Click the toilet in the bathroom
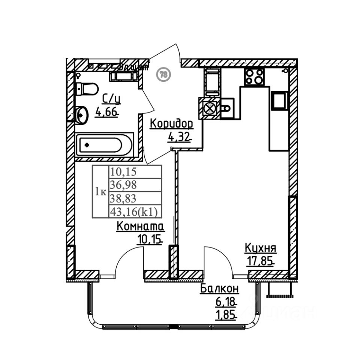pyautogui.click(x=86, y=89)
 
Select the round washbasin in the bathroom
pyautogui.click(x=81, y=115)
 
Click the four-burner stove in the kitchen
pyautogui.click(x=254, y=77)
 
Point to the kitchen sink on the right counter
pyautogui.click(x=280, y=100)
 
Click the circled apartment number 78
pyautogui.click(x=163, y=74)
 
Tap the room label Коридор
pyautogui.click(x=171, y=123)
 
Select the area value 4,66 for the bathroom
pyautogui.click(x=106, y=112)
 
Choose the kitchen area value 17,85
pyautogui.click(x=260, y=261)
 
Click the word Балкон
pyautogui.click(x=219, y=289)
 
